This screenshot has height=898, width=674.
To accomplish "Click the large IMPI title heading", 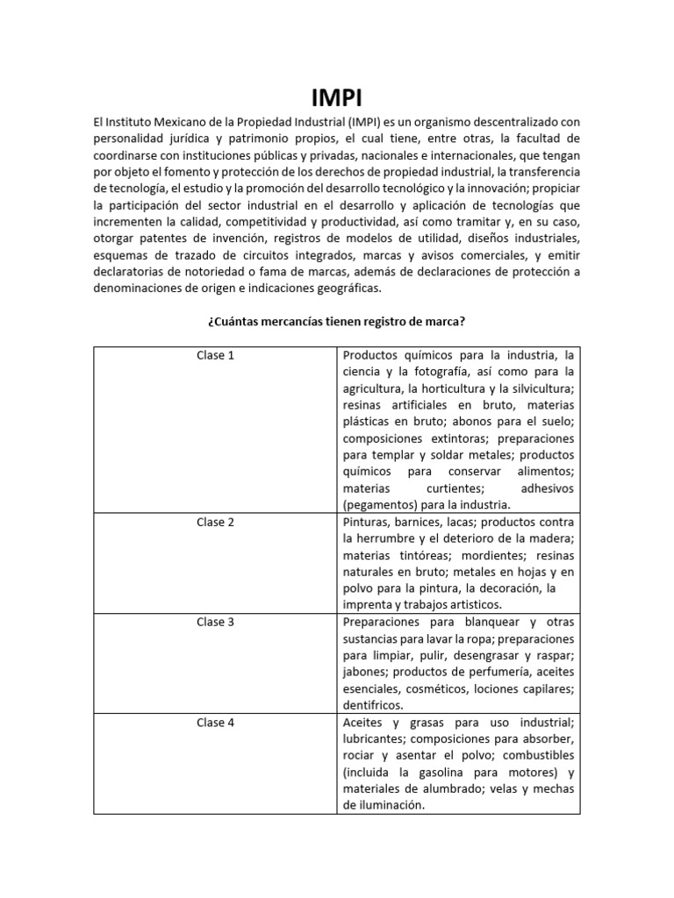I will click(337, 95).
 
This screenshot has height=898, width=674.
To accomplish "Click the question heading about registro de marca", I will click(336, 322).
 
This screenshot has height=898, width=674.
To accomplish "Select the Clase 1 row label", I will click(215, 355).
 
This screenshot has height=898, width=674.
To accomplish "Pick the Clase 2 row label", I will click(215, 522).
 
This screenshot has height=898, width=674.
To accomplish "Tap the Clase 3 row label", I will click(215, 622).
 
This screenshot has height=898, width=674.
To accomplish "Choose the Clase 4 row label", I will click(215, 722).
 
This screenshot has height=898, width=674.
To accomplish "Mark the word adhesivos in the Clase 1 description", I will click(548, 488).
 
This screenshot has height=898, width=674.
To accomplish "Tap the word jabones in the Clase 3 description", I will click(363, 672).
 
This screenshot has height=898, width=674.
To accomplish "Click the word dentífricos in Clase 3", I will click(373, 705).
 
